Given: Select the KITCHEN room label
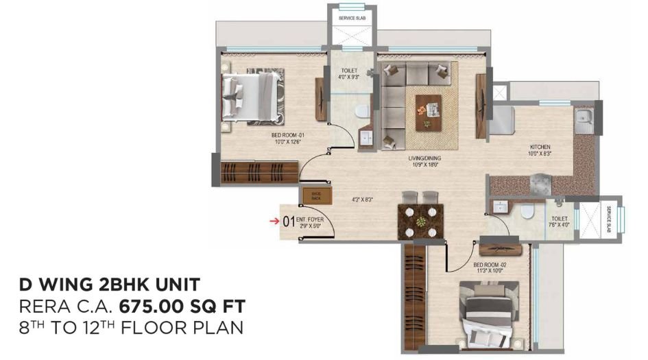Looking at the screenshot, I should [x=540, y=150].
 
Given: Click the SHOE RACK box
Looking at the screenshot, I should [x=316, y=195].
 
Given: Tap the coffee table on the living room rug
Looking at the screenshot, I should [x=429, y=111].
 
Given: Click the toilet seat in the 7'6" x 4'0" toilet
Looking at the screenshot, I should [x=527, y=211].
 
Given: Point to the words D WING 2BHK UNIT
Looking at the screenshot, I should [x=110, y=283].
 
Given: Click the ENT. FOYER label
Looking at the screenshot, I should [x=312, y=221].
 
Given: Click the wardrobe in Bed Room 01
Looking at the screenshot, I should [x=259, y=171].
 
